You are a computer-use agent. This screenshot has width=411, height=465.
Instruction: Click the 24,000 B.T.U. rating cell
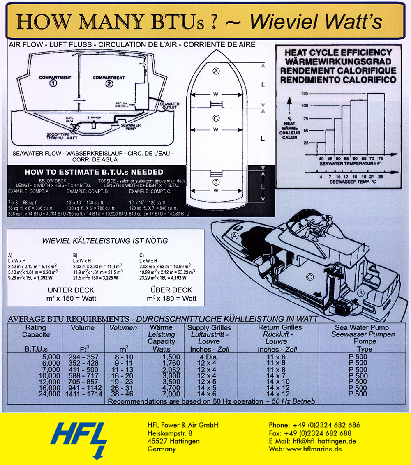[x=48, y=394]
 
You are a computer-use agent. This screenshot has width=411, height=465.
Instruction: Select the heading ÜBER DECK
[x=171, y=290]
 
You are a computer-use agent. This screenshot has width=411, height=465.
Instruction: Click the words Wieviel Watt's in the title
[x=316, y=22]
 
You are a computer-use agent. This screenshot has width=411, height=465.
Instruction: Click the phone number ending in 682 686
[x=314, y=425]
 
